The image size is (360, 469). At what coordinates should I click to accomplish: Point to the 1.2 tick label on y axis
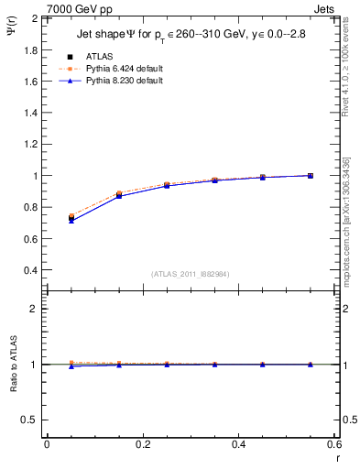29,144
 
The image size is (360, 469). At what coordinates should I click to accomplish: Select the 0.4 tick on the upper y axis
29,270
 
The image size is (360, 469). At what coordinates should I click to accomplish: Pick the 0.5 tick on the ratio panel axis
29,420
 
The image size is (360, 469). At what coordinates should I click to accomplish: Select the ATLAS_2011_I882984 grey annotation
190,273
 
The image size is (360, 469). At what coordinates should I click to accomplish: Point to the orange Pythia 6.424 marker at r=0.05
71,216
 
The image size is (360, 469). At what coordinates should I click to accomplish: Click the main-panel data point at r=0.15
119,195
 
